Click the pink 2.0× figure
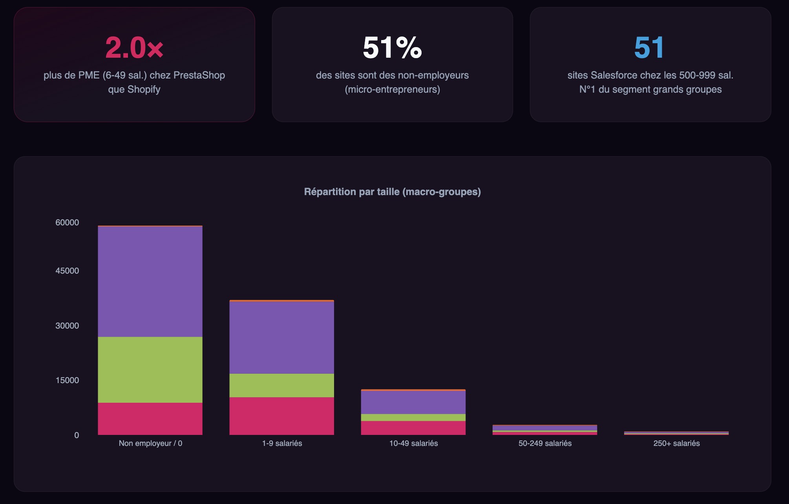[134, 48]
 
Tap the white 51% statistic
[392, 48]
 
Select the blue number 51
[649, 48]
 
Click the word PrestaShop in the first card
[199, 75]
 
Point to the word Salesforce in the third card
[614, 75]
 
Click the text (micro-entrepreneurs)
[392, 89]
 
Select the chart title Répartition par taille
[392, 192]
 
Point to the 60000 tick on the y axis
[67, 223]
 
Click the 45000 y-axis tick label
[67, 271]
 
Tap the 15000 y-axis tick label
[67, 380]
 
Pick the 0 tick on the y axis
[77, 435]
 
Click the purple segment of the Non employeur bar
[150, 281]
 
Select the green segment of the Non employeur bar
[150, 370]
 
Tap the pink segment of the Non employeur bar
[150, 419]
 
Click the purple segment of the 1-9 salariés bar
[281, 338]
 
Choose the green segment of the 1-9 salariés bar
[281, 385]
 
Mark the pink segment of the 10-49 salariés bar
[413, 428]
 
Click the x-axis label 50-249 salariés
[545, 444]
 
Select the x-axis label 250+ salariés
[676, 444]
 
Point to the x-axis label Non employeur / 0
[150, 444]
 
